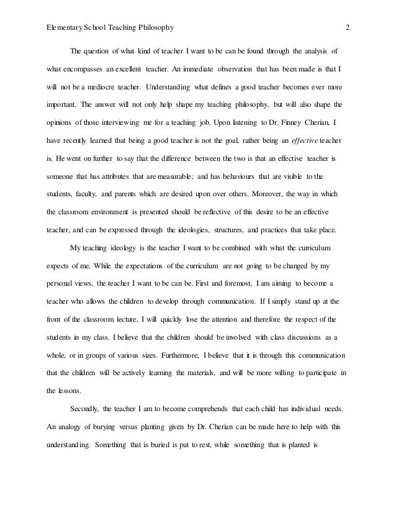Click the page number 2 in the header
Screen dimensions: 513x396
coord(348,27)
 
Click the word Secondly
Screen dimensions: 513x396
coord(87,411)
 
